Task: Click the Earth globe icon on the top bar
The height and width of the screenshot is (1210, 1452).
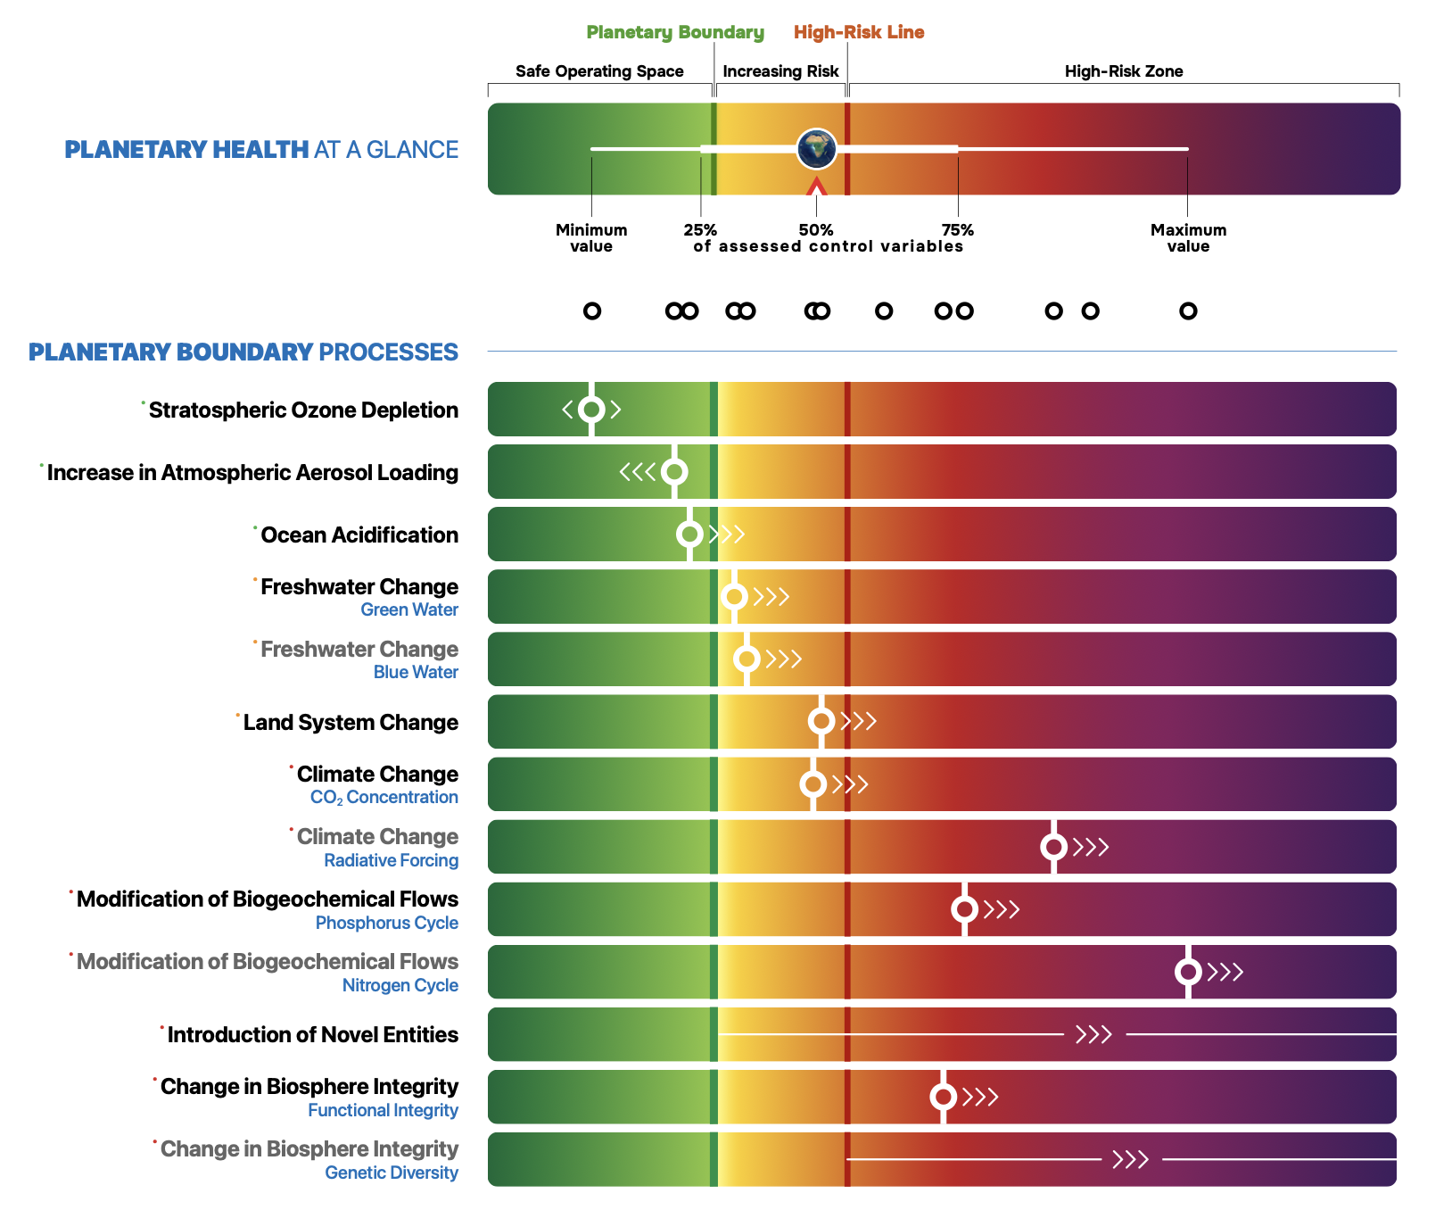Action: [x=816, y=149]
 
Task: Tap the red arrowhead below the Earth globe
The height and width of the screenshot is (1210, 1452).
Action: [x=816, y=186]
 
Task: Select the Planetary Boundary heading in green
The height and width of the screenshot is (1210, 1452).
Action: [x=675, y=33]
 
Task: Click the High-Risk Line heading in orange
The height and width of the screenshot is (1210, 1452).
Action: [x=859, y=33]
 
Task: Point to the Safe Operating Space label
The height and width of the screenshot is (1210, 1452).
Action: [x=599, y=71]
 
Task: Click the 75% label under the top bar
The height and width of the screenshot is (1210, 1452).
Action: [x=958, y=230]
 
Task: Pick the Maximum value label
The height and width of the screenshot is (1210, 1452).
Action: [x=1188, y=238]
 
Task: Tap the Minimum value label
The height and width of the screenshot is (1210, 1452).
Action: [x=591, y=238]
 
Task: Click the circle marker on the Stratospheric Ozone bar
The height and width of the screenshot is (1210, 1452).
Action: [x=591, y=410]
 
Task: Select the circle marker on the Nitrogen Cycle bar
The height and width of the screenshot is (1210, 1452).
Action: [x=1187, y=972]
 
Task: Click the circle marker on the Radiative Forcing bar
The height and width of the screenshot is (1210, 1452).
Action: [x=1053, y=847]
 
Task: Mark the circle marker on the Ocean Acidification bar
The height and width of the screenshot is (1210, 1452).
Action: [x=689, y=535]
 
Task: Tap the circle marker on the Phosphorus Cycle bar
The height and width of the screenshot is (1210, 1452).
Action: [x=963, y=909]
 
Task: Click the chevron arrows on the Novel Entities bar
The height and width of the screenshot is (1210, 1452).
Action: [x=1093, y=1035]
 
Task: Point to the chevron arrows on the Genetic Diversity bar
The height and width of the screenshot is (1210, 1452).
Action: [x=1130, y=1160]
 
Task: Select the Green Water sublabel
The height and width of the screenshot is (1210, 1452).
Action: [x=409, y=610]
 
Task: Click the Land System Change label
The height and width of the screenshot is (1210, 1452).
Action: [x=351, y=723]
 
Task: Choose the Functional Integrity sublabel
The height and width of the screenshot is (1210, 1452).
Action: [x=383, y=1111]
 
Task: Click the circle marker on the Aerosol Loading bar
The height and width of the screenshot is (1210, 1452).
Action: [x=673, y=472]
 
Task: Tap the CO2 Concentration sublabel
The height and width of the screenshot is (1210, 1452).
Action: [x=384, y=798]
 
